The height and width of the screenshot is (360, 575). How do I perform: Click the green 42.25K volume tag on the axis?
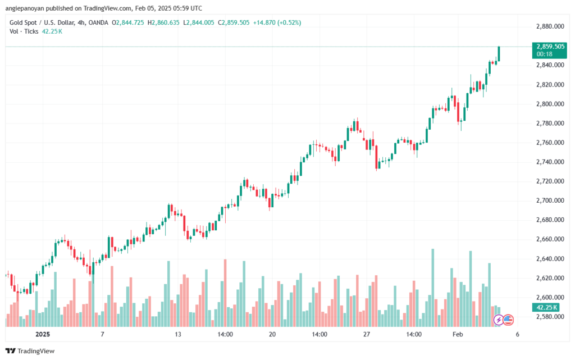click(x=545, y=307)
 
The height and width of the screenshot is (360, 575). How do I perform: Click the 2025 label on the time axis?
click(x=43, y=334)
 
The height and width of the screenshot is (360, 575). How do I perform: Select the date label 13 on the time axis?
click(x=178, y=334)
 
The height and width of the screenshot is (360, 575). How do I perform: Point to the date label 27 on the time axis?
click(x=367, y=334)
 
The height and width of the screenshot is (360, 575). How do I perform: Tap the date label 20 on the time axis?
click(x=272, y=334)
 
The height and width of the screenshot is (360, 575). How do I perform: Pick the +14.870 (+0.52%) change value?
click(x=277, y=22)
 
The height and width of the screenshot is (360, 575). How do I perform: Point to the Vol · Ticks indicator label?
click(x=24, y=31)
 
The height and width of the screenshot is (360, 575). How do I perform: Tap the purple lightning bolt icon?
click(x=498, y=320)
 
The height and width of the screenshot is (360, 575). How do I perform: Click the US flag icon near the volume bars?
click(x=508, y=320)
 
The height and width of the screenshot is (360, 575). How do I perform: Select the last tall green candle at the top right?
click(x=499, y=54)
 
